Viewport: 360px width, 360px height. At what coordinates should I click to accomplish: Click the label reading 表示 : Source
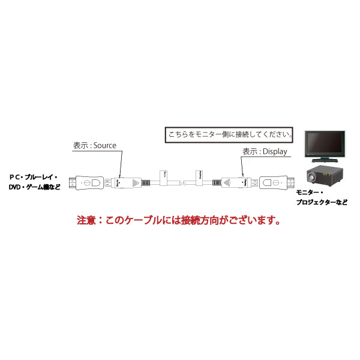click(x=94, y=145)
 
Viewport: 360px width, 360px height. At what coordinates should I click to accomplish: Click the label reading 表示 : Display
click(x=265, y=152)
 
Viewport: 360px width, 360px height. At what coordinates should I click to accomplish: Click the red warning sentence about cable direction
click(x=179, y=220)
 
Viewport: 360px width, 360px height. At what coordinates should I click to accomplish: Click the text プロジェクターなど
click(x=321, y=203)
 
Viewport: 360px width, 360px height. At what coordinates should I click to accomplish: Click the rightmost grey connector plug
click(x=274, y=181)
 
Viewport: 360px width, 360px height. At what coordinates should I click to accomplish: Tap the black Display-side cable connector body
click(x=235, y=181)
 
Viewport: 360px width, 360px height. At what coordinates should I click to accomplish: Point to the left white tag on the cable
click(x=164, y=176)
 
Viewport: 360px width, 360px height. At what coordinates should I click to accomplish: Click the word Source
click(x=105, y=145)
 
